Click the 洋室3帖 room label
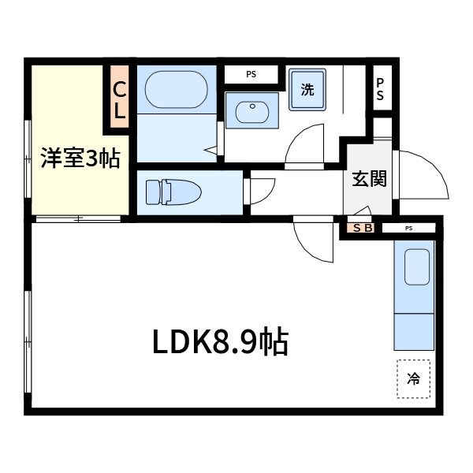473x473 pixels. tap(80, 158)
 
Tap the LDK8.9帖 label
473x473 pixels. tap(220, 341)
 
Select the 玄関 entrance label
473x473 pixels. tap(368, 179)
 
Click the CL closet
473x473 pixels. tap(119, 101)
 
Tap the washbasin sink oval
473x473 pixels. tap(252, 110)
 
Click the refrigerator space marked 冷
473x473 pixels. tap(413, 378)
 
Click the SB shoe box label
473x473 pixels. tap(362, 229)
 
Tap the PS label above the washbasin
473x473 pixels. tap(251, 75)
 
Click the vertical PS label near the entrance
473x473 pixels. tap(380, 89)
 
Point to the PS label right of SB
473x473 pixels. tap(408, 229)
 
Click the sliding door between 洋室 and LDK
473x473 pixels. tap(79, 218)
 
